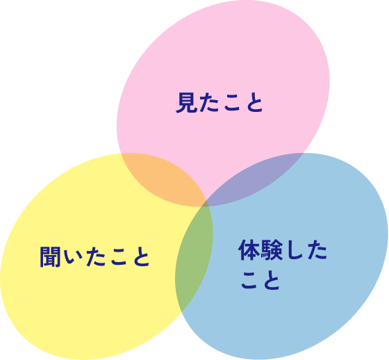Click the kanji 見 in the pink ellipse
(186, 103)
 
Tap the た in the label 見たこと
(208, 103)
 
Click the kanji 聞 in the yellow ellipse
(50, 257)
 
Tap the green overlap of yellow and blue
(194, 256)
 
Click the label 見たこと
(220, 103)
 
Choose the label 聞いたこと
(94, 257)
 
